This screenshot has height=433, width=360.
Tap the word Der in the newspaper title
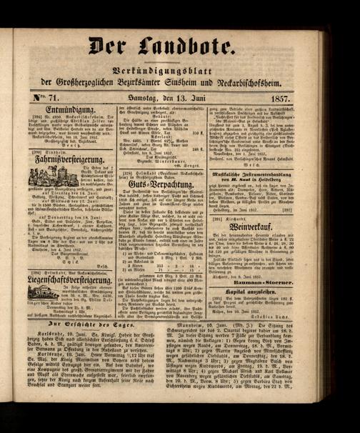coord(119,46)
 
